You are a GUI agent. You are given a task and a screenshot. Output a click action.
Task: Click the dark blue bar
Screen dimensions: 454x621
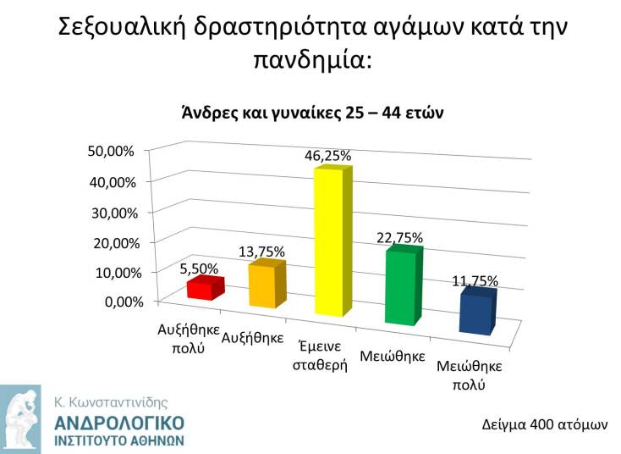coord(475,312)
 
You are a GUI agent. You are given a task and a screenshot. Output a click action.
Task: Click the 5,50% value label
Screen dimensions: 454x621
coord(199,269)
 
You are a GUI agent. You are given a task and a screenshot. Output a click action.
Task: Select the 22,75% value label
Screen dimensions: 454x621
coord(399,237)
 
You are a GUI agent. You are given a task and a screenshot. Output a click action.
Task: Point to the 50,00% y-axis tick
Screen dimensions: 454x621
coord(112,152)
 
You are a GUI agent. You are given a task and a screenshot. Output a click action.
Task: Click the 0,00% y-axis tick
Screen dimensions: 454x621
coord(116,302)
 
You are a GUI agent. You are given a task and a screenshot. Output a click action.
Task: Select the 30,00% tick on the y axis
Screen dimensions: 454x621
coord(112,212)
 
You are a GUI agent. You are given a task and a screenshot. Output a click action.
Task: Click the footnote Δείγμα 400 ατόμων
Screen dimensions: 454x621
coord(545,423)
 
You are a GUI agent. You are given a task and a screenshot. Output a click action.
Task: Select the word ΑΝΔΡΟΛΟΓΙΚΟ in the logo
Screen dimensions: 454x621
coord(118,423)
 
